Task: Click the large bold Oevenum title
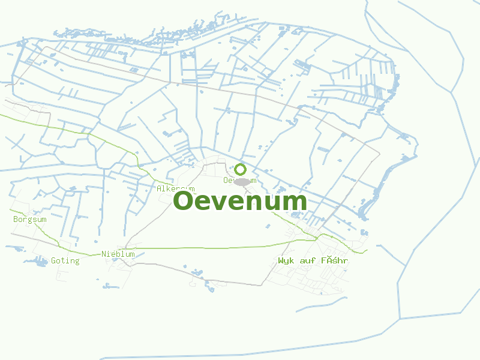(x=240, y=201)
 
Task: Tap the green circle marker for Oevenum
(x=241, y=169)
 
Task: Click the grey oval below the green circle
(x=242, y=181)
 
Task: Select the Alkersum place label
(x=175, y=188)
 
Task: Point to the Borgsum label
(x=30, y=220)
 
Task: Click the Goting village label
(x=65, y=260)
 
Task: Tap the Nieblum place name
(x=118, y=254)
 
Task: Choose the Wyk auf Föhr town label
(x=313, y=261)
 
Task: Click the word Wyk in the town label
(x=286, y=261)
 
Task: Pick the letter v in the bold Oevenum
(x=222, y=202)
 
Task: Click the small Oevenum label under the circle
(x=239, y=180)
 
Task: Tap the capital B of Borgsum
(x=16, y=220)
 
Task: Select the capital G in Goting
(x=53, y=260)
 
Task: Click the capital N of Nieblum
(x=104, y=254)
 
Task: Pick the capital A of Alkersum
(x=159, y=188)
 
